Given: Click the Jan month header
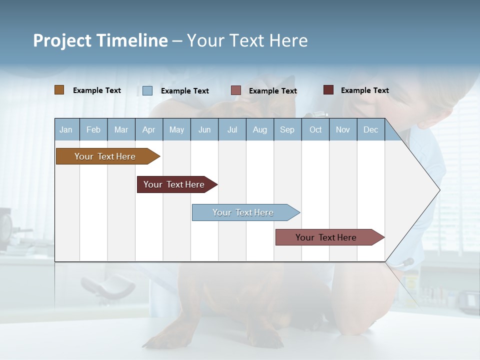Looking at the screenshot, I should click(66, 129).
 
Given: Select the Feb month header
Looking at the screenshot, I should click(93, 129).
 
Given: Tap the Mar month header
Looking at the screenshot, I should click(121, 129).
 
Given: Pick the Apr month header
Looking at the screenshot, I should click(149, 129).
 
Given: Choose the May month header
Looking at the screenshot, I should click(176, 129).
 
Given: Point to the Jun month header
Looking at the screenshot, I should click(204, 129).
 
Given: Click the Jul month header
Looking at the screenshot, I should click(232, 129).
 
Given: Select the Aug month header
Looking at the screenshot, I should click(260, 129).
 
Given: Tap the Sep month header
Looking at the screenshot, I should click(287, 129).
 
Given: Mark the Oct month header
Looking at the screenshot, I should click(315, 129).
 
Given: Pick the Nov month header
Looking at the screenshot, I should click(343, 129).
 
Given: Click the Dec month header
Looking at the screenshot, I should click(371, 129).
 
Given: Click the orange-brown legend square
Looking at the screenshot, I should click(59, 90).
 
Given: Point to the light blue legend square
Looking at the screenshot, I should click(147, 90).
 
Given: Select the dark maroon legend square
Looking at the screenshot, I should click(328, 90).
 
